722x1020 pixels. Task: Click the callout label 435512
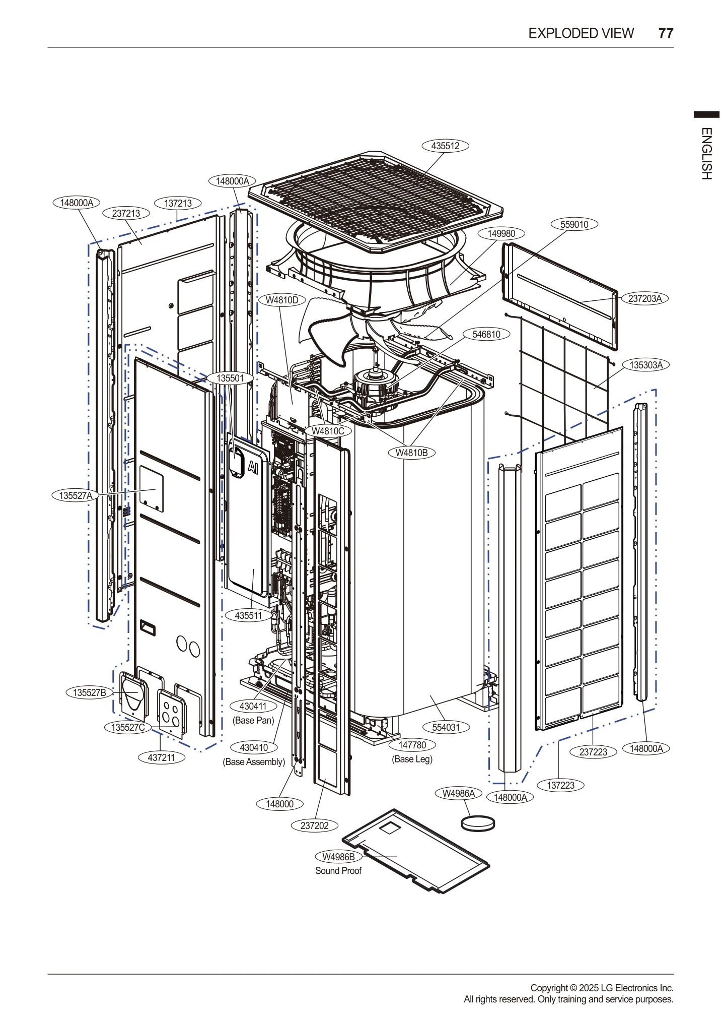point(445,146)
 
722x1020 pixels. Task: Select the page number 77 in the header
point(666,33)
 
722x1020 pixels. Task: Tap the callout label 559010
point(574,224)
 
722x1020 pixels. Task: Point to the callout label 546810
point(486,334)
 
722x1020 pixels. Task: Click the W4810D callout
point(282,300)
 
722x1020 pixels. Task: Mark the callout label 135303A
point(646,365)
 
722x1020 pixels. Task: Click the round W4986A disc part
point(478,823)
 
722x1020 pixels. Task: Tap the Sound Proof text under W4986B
point(338,871)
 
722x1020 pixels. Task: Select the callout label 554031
point(446,727)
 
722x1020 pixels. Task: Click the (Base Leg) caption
point(412,759)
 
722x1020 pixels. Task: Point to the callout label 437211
point(161,757)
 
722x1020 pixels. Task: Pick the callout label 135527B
point(90,692)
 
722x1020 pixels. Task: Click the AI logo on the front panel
point(253,467)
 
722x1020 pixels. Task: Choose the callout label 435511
point(248,615)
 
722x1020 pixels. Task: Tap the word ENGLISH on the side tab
point(706,154)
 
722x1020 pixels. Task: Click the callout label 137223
point(560,785)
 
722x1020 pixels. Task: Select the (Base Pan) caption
point(253,720)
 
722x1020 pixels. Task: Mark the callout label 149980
point(501,233)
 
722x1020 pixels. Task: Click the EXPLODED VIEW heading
point(581,33)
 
